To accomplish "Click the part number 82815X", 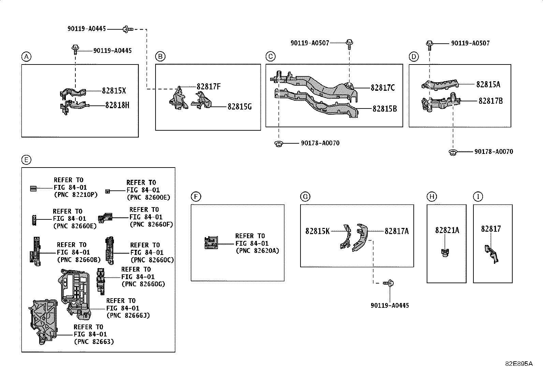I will pyautogui.click(x=114, y=91).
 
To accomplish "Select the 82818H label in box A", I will pyautogui.click(x=117, y=105).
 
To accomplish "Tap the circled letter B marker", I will pyautogui.click(x=160, y=57).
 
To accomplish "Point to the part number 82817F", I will pyautogui.click(x=208, y=87).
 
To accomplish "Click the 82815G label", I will pyautogui.click(x=239, y=107).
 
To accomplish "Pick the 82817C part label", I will pyautogui.click(x=383, y=88).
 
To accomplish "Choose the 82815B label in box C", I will pyautogui.click(x=384, y=109).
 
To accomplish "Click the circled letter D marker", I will pyautogui.click(x=413, y=57).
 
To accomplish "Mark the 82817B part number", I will pyautogui.click(x=490, y=101).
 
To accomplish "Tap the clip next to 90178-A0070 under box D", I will pyautogui.click(x=453, y=152).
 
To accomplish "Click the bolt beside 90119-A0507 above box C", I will pyautogui.click(x=349, y=43).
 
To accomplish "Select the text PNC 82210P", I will pyautogui.click(x=76, y=194).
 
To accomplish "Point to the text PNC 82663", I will pyautogui.click(x=93, y=342).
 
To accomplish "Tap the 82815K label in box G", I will pyautogui.click(x=317, y=231).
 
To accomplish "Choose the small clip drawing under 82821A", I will pyautogui.click(x=444, y=253).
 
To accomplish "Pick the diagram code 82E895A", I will pyautogui.click(x=518, y=363).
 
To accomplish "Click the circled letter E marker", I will pyautogui.click(x=26, y=160).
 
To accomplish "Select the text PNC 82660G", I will pyautogui.click(x=143, y=284).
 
